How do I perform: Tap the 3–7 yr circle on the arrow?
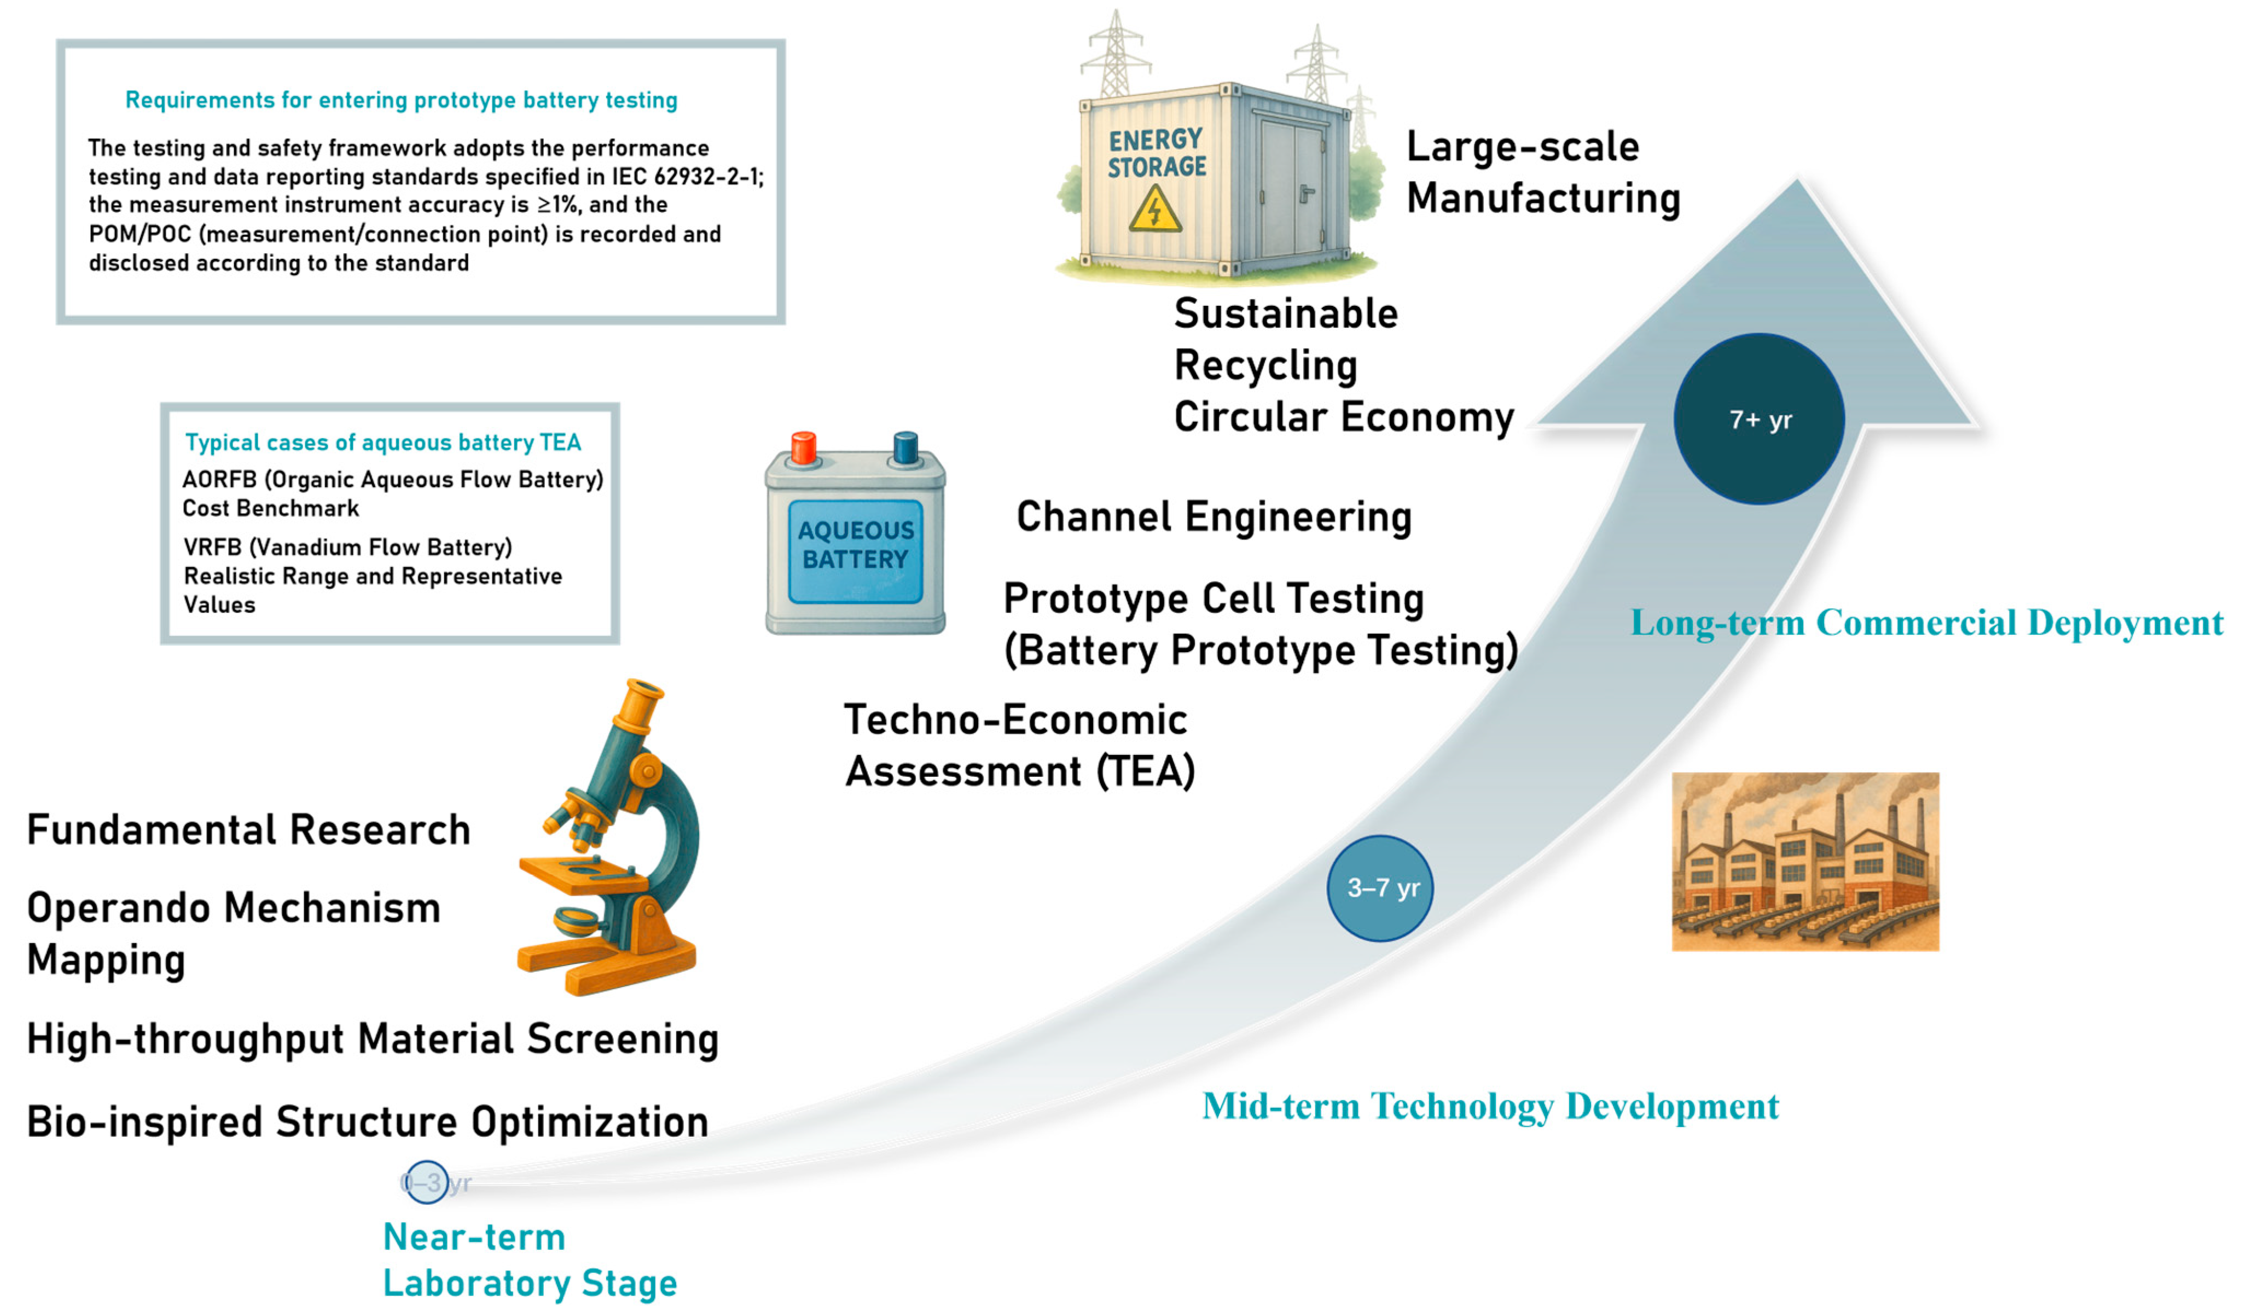click(1380, 888)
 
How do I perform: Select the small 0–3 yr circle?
click(426, 1182)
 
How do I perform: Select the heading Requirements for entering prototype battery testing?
click(401, 100)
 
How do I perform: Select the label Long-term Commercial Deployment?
click(1926, 622)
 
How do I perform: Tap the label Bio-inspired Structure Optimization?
click(367, 1122)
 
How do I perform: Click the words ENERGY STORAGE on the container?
click(1157, 153)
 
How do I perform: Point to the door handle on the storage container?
click(1307, 193)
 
